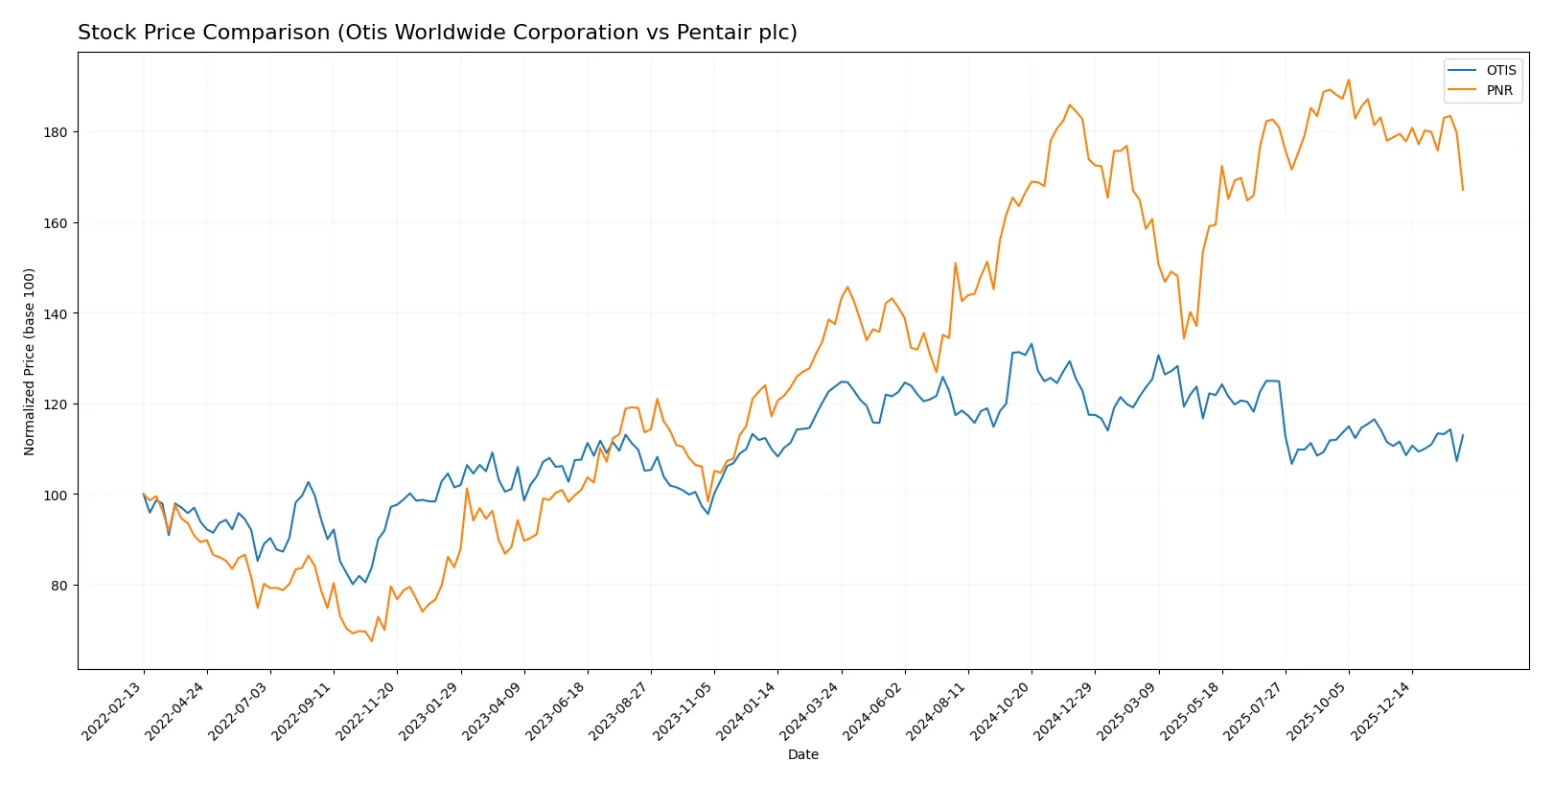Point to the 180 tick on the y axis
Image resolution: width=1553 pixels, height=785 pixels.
click(x=55, y=132)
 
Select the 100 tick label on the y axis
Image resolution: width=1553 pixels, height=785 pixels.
click(x=55, y=496)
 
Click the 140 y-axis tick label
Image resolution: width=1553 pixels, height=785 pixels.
click(x=55, y=314)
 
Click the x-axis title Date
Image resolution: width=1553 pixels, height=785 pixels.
click(x=802, y=755)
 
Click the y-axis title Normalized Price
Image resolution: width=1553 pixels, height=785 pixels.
click(x=30, y=361)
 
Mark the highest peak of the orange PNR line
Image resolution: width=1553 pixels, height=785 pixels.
click(x=1348, y=80)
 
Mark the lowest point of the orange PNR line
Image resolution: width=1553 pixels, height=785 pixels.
click(x=372, y=640)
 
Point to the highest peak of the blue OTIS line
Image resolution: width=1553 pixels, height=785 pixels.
click(x=1031, y=344)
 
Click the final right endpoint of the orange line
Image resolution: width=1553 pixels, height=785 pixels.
click(x=1463, y=190)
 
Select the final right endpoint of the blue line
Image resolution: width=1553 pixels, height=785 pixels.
click(x=1463, y=435)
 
